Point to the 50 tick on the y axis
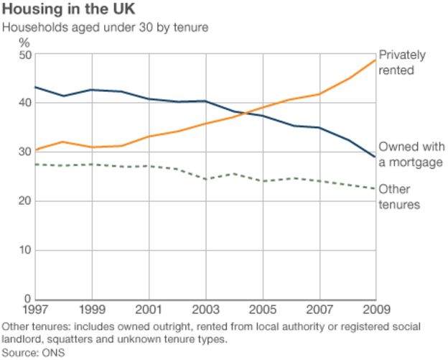pyautogui.click(x=24, y=55)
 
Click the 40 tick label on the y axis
pyautogui.click(x=24, y=103)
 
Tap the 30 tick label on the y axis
pyautogui.click(x=24, y=152)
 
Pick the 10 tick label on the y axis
pyautogui.click(x=24, y=250)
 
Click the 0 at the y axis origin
pyautogui.click(x=27, y=299)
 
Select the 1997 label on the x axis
pyautogui.click(x=35, y=310)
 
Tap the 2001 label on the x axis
pyautogui.click(x=149, y=310)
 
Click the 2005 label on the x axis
pyautogui.click(x=262, y=310)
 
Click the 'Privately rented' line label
pyautogui.click(x=402, y=63)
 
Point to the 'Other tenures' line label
pyautogui.click(x=399, y=197)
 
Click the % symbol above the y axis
pyautogui.click(x=24, y=42)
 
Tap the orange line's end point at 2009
pyautogui.click(x=375, y=60)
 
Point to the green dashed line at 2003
pyautogui.click(x=205, y=179)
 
